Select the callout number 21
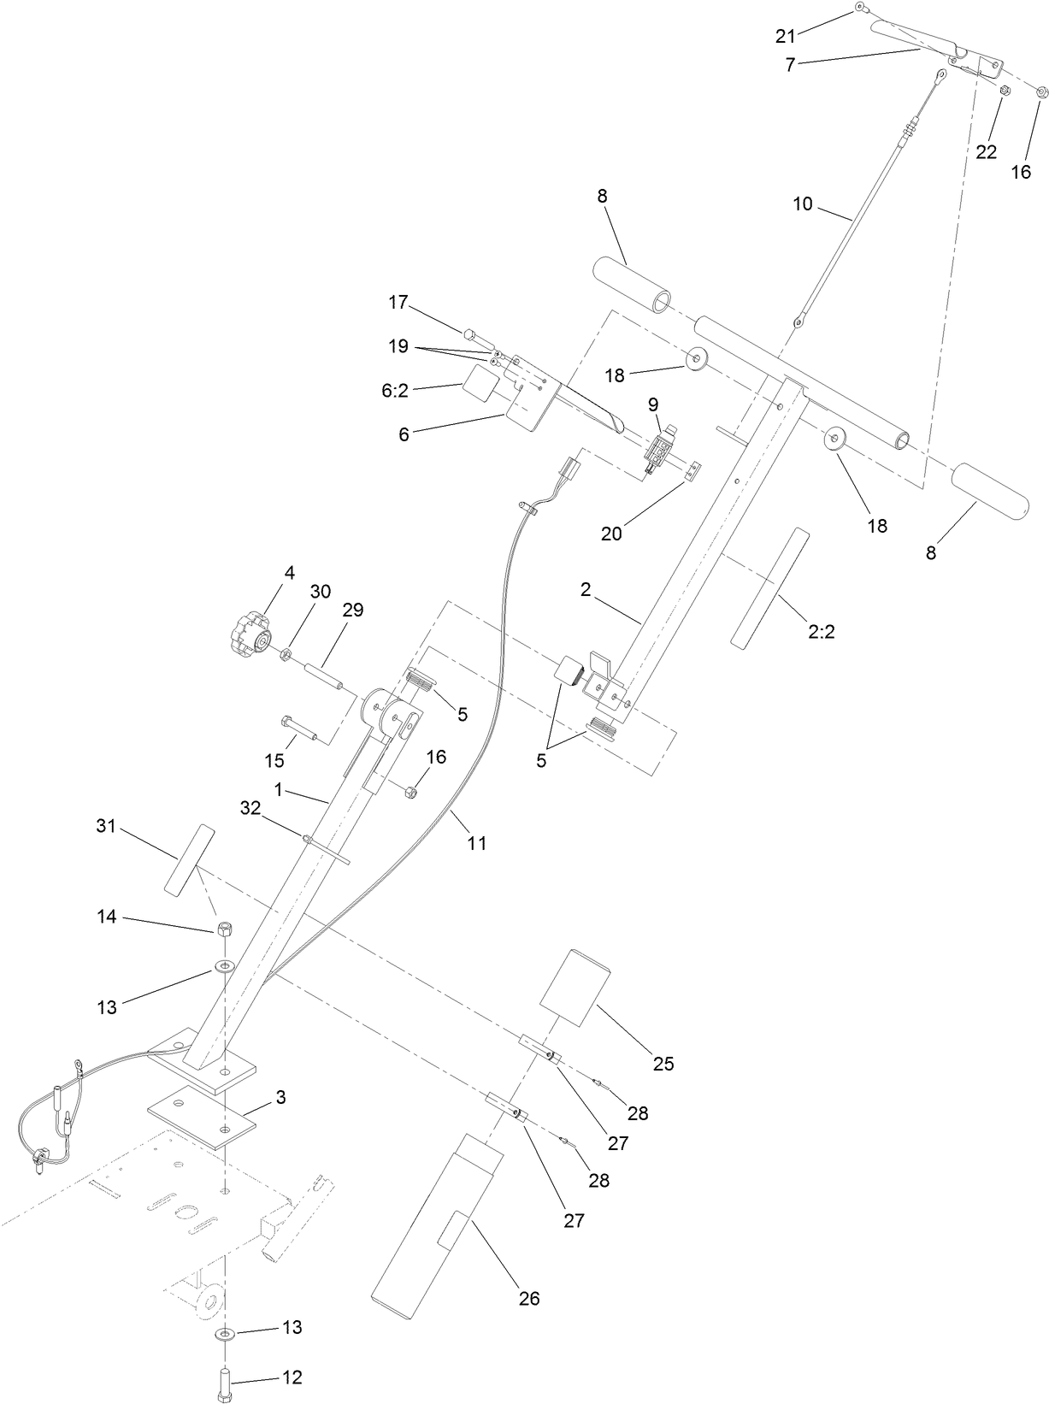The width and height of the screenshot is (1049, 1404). [x=785, y=35]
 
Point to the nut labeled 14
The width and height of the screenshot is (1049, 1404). [x=225, y=929]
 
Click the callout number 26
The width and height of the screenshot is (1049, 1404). [x=529, y=1298]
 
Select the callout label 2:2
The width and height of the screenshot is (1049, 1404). [x=821, y=631]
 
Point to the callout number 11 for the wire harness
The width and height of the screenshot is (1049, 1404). [x=476, y=843]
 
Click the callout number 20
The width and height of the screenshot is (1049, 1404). [x=611, y=534]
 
